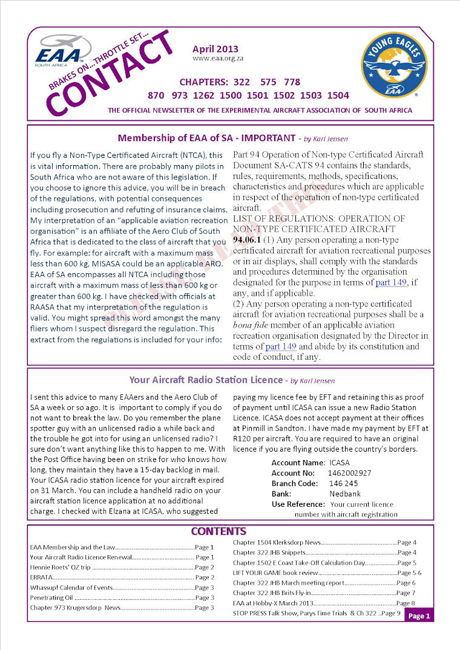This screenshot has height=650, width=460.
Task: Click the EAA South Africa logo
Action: (x=61, y=50)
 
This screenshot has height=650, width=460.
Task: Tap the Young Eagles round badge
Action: (x=394, y=65)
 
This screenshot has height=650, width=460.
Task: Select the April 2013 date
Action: (x=215, y=50)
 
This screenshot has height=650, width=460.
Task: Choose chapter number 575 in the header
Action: (x=268, y=82)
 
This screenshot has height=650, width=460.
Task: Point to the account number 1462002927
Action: (x=349, y=473)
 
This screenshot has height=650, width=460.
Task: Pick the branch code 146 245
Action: (x=343, y=484)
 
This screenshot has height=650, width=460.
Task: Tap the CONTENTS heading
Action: (x=218, y=531)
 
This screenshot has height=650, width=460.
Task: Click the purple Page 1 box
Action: (x=419, y=616)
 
